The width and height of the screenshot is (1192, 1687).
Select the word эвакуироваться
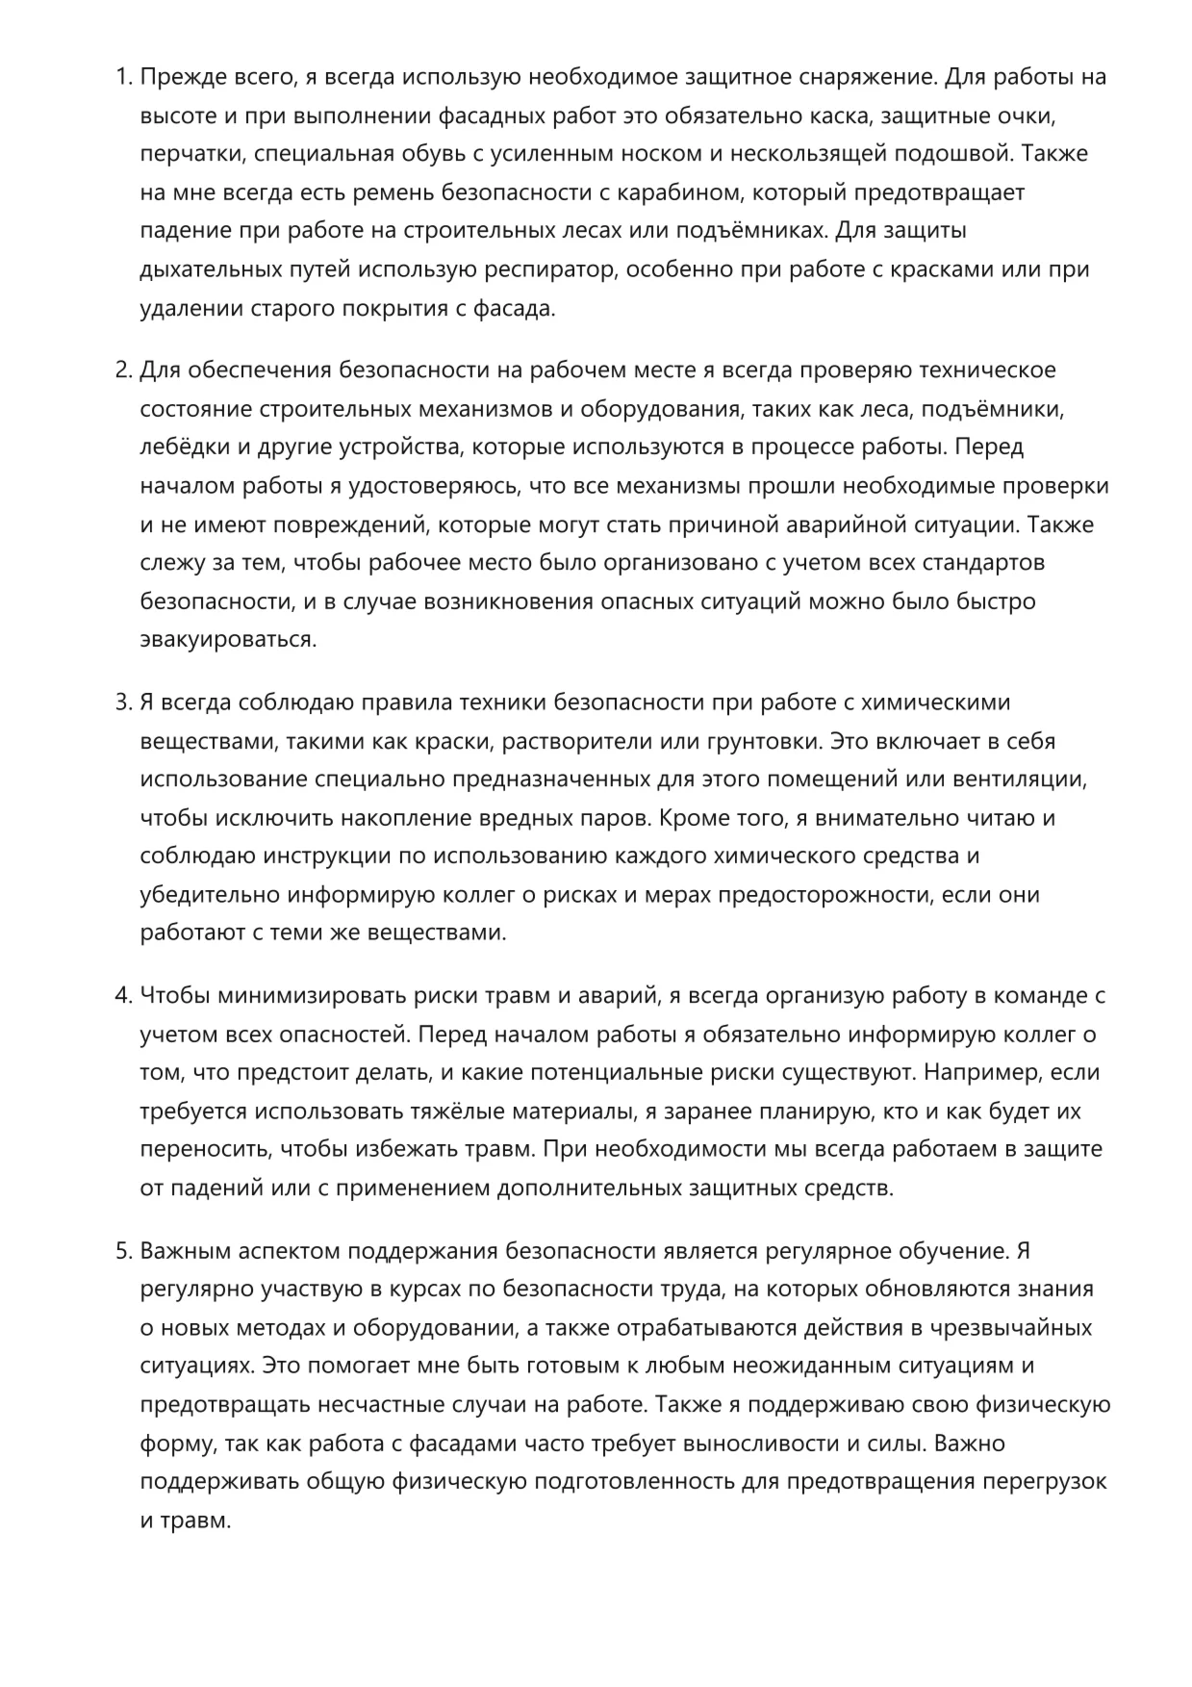click(x=228, y=640)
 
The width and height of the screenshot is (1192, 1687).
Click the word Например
click(x=984, y=1072)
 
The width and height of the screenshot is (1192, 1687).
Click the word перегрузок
click(x=1044, y=1482)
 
